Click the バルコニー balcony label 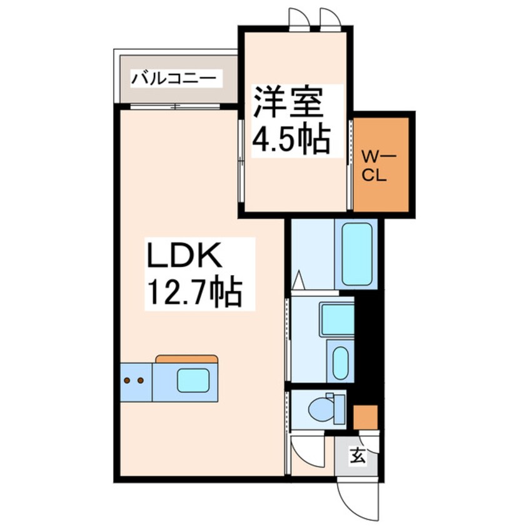176,79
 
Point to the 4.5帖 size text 290,139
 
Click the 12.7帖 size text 194,291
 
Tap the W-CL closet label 377,164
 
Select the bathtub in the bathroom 357,254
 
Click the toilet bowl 323,409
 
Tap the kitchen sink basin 193,380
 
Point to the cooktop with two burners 134,380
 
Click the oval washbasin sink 341,362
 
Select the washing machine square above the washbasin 336,320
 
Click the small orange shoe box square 365,417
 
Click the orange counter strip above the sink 186,359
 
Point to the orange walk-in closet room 381,164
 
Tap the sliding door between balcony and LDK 176,106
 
